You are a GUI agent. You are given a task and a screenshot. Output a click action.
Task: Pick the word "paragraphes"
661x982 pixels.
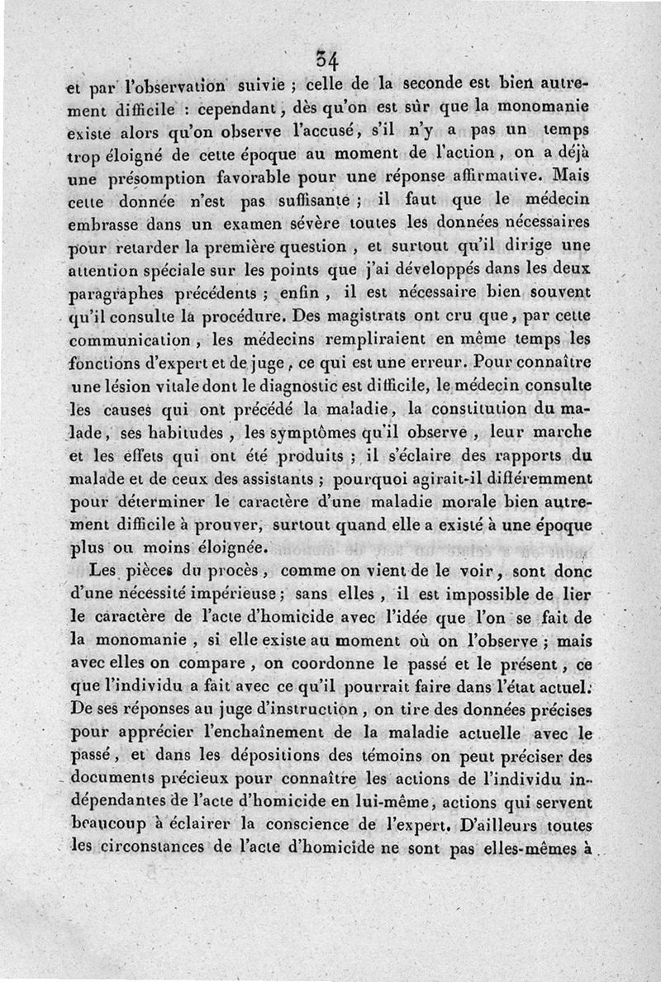117,292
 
